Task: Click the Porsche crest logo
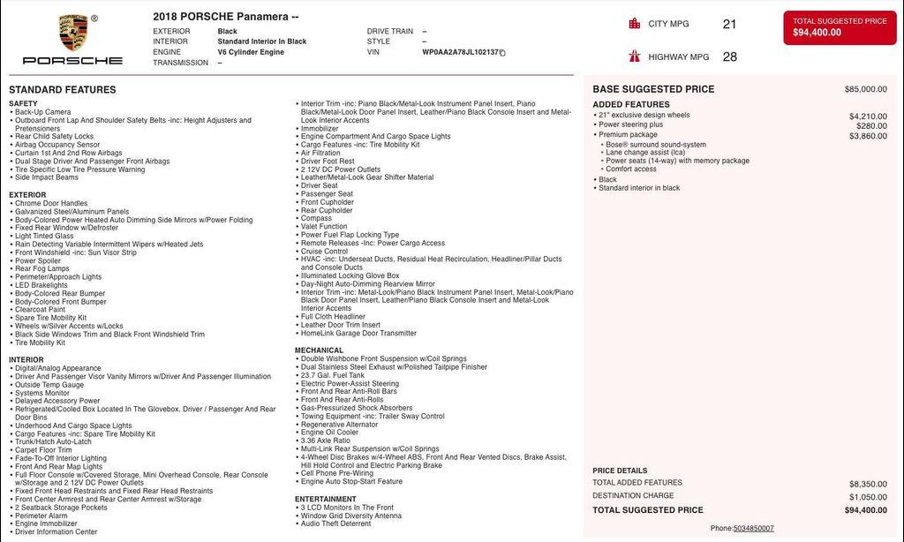pos(73,33)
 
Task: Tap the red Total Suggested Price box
pos(839,27)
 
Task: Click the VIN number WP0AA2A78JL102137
pos(460,52)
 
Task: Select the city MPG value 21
pos(729,25)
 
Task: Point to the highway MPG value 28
pos(729,57)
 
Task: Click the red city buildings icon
pos(634,24)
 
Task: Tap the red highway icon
pos(634,56)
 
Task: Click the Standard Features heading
pos(62,90)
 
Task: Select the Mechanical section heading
pos(319,350)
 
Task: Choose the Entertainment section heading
pos(326,499)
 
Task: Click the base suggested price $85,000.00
pos(865,89)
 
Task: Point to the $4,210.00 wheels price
pos(868,116)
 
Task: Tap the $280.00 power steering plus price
pos(871,125)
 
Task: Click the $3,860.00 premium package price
pos(868,136)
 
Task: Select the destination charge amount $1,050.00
pos(868,497)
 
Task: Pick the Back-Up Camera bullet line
pos(42,112)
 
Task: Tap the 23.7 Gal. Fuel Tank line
pos(332,375)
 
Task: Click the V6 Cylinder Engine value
pos(251,52)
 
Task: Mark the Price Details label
pos(620,470)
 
